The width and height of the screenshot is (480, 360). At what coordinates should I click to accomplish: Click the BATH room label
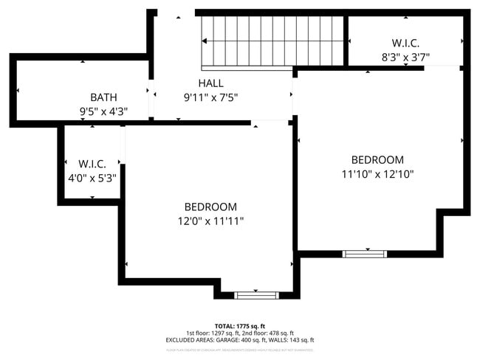(x=103, y=97)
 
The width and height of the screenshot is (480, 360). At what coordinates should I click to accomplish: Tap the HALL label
(x=210, y=83)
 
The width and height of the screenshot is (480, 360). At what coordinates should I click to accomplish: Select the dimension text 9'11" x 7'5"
(x=210, y=97)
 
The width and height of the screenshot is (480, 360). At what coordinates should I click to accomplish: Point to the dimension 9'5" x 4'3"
(x=103, y=111)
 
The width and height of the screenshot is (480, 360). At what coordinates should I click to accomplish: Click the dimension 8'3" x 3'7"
(x=405, y=56)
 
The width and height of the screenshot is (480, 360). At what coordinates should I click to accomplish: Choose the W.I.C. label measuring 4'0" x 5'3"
(x=92, y=163)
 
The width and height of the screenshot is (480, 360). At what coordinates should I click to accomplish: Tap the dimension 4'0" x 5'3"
(x=92, y=177)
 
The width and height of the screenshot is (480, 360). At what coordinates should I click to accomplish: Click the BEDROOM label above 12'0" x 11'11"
(x=210, y=207)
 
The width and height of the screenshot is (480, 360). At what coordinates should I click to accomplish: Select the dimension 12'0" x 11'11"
(x=210, y=221)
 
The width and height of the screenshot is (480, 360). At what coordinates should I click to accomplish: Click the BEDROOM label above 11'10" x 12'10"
(x=377, y=160)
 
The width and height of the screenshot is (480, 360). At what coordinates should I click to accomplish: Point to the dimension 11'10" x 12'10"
(x=377, y=174)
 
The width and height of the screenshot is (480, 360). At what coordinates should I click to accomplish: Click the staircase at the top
(x=272, y=41)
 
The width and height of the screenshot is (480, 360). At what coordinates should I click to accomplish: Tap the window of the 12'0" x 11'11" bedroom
(x=256, y=295)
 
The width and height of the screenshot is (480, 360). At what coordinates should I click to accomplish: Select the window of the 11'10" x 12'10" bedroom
(x=365, y=254)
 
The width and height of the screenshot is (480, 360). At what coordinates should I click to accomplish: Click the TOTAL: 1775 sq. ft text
(x=240, y=325)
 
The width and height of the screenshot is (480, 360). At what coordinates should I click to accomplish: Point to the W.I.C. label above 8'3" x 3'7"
(x=405, y=43)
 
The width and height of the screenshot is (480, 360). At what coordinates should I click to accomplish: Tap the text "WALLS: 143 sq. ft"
(x=295, y=340)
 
